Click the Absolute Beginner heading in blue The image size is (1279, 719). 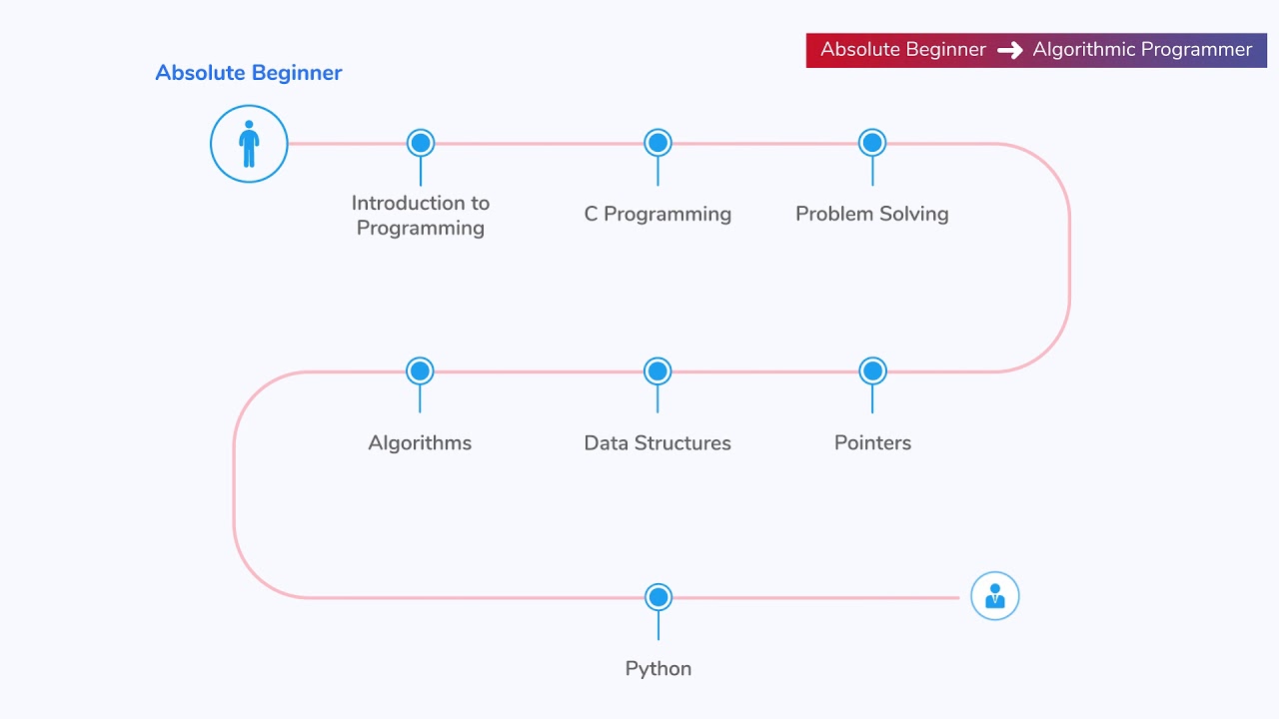point(249,73)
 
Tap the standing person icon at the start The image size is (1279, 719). point(249,145)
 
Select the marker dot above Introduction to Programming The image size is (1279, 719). point(421,143)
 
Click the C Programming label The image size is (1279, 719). point(657,214)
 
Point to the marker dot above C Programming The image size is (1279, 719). point(657,143)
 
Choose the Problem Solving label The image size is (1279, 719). point(871,214)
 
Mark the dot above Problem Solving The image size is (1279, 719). point(872,143)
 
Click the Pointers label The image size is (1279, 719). point(872,442)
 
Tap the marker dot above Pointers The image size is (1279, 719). point(872,371)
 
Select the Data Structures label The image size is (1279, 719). point(657,442)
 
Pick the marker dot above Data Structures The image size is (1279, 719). point(657,371)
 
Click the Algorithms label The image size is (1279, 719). point(420,442)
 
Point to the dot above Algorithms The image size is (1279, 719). point(420,371)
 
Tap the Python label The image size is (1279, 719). point(658,669)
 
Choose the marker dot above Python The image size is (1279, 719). point(658,597)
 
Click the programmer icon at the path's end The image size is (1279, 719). point(995,596)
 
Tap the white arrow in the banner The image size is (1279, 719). point(1010,50)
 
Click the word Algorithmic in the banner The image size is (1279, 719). point(1084,50)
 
